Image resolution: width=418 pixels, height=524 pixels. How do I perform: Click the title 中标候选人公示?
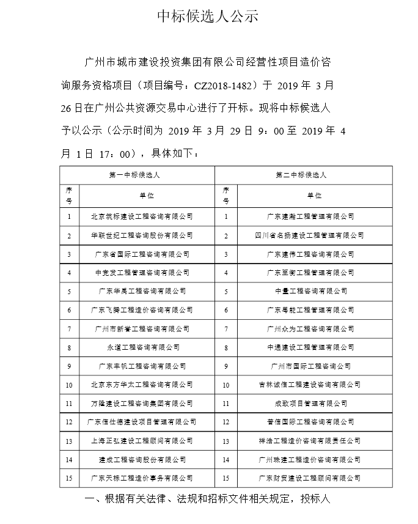coord(208,16)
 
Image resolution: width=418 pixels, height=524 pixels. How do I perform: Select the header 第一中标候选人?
coord(137,175)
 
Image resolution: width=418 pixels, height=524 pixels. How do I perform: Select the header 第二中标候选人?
coord(303,175)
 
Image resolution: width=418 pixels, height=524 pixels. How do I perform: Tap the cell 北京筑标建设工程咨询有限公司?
coord(141,216)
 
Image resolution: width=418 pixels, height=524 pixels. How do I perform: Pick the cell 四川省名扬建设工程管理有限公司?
coord(310,235)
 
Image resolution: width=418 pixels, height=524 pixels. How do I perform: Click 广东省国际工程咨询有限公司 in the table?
coord(142,254)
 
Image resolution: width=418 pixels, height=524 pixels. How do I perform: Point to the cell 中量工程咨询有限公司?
coord(310,291)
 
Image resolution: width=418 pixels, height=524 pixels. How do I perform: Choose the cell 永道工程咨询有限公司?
coord(142,347)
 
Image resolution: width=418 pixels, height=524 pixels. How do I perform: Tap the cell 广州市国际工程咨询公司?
coord(310,366)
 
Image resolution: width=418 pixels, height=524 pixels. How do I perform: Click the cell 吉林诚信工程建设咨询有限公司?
coord(310,385)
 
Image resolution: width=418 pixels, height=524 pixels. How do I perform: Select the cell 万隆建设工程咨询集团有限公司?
coord(141,404)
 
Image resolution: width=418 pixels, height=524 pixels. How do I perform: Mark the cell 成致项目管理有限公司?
coord(310,404)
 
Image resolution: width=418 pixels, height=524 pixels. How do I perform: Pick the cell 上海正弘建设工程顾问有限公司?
coord(141,441)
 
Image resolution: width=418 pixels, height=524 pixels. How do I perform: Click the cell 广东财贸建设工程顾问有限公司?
coord(310,478)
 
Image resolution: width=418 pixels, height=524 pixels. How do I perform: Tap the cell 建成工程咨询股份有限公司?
coord(142,459)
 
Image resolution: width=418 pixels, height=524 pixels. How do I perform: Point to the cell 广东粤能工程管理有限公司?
coord(310,310)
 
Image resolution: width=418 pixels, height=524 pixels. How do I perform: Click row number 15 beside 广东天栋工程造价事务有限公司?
coord(69,478)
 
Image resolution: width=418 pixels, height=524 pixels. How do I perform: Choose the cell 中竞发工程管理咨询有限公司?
coord(142,272)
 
